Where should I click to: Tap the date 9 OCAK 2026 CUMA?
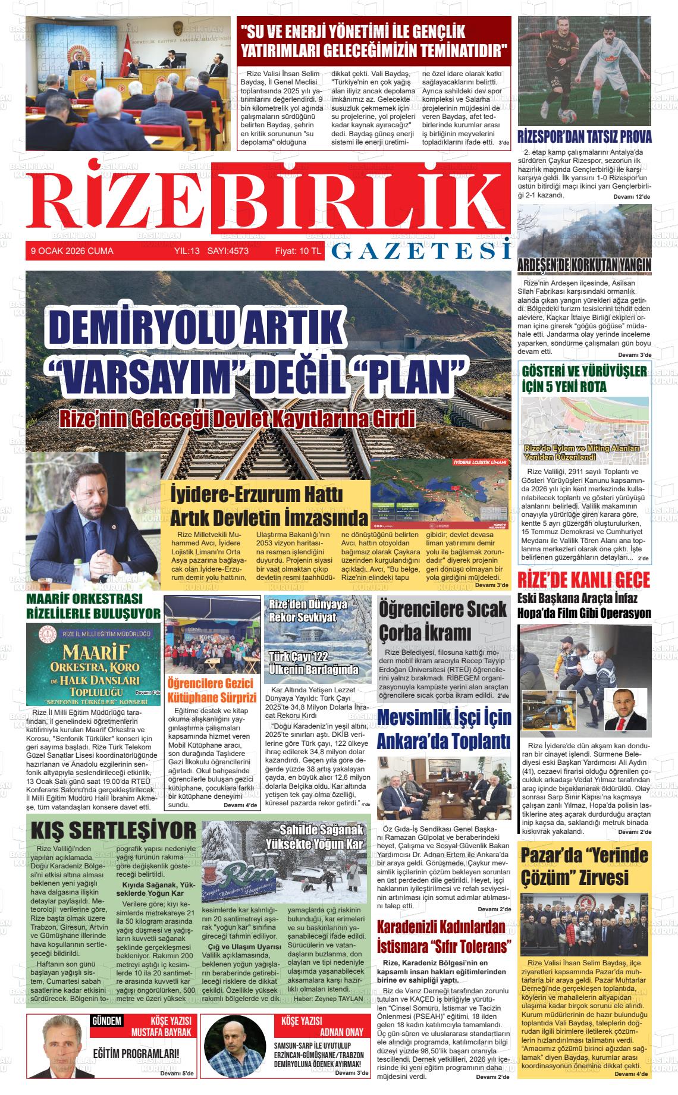(72, 252)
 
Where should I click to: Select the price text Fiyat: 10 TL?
(297, 252)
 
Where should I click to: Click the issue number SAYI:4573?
(227, 252)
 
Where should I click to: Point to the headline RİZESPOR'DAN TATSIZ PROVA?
(585, 136)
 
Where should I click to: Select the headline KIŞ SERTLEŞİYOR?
(113, 830)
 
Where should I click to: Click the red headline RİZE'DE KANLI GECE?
(584, 580)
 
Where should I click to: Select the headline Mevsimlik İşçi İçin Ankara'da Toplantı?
(444, 729)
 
